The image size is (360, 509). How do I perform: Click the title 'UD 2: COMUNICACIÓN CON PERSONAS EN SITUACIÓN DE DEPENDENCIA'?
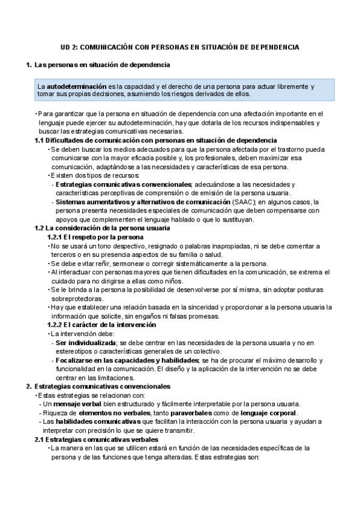tap(180, 46)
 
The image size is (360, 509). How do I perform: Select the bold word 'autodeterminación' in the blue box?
tap(73, 86)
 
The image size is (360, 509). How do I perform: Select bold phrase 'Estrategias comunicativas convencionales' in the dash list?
tap(124, 184)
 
